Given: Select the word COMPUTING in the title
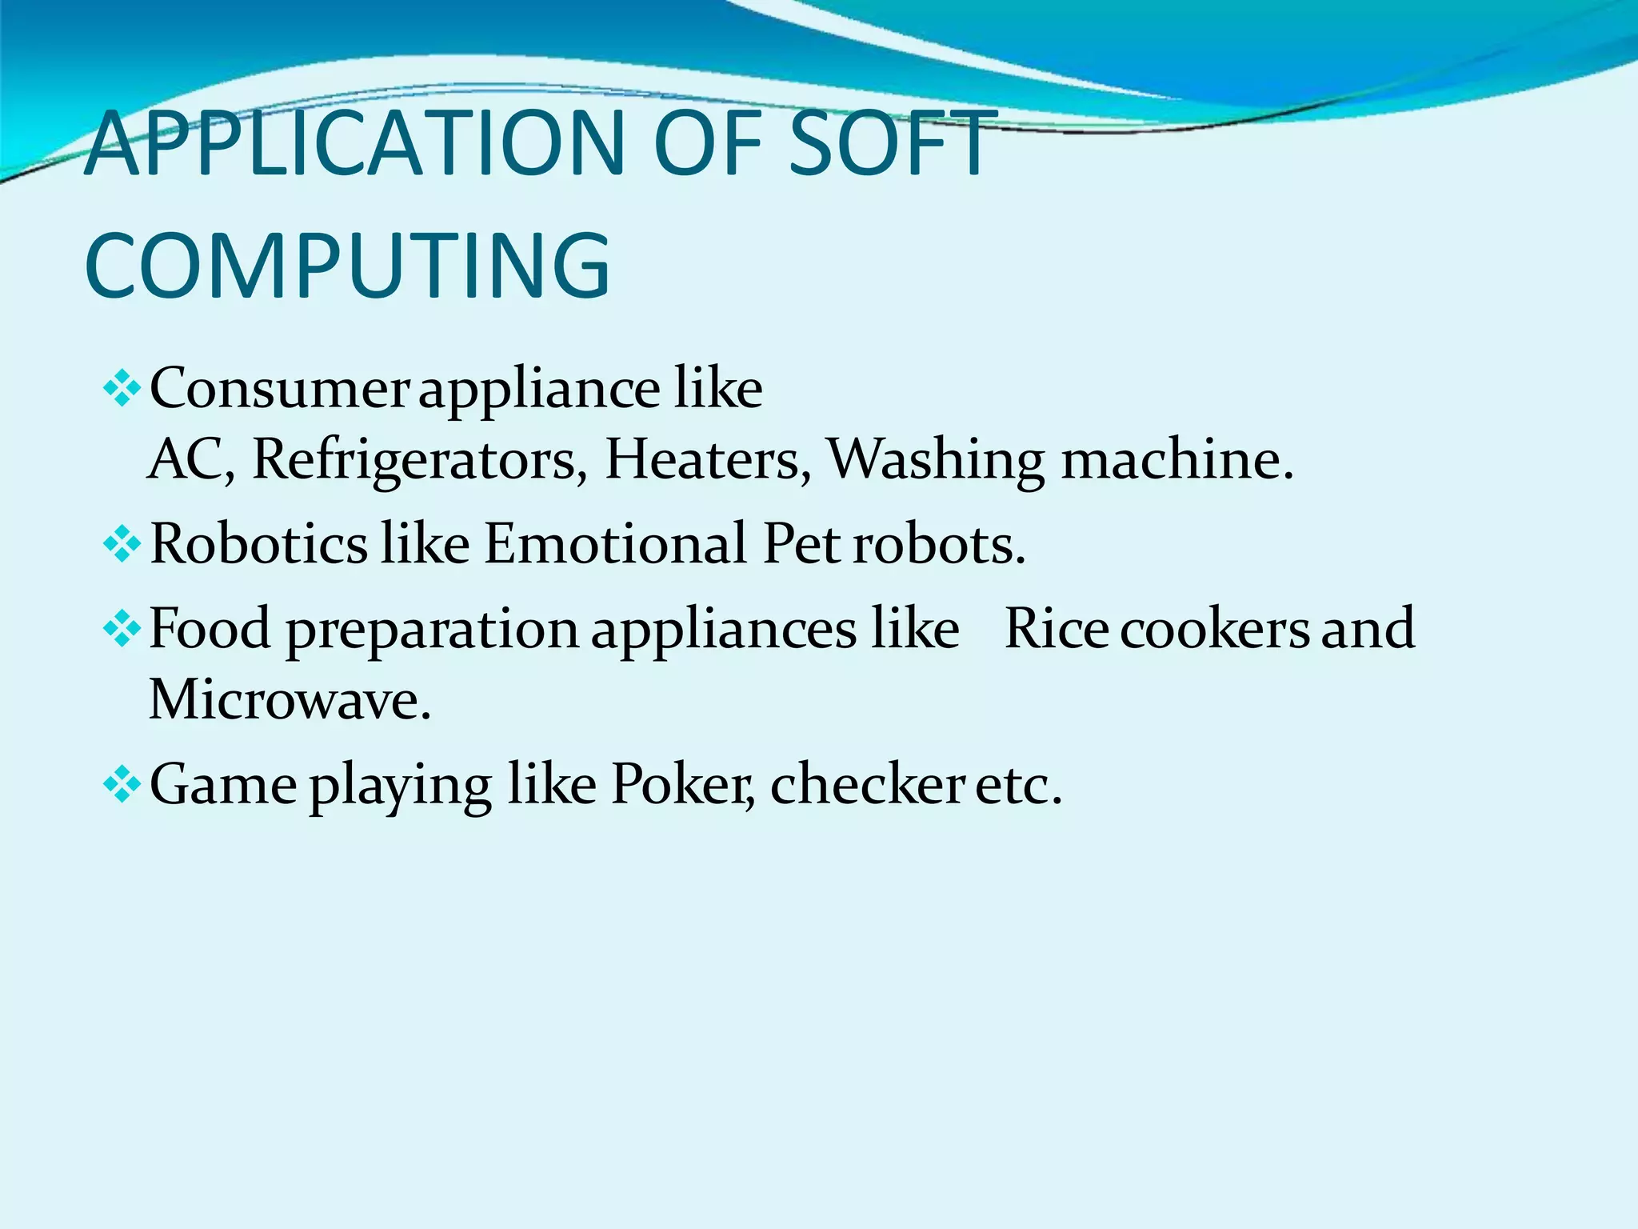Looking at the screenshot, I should point(347,265).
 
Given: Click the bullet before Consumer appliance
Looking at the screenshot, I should point(122,390).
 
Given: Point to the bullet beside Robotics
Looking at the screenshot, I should point(122,545).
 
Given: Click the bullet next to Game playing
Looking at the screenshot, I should point(122,785).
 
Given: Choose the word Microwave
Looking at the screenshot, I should point(290,699).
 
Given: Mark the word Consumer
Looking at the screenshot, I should point(279,390).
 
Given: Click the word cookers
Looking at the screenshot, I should point(1215,629).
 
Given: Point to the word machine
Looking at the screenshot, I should point(1176,461).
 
